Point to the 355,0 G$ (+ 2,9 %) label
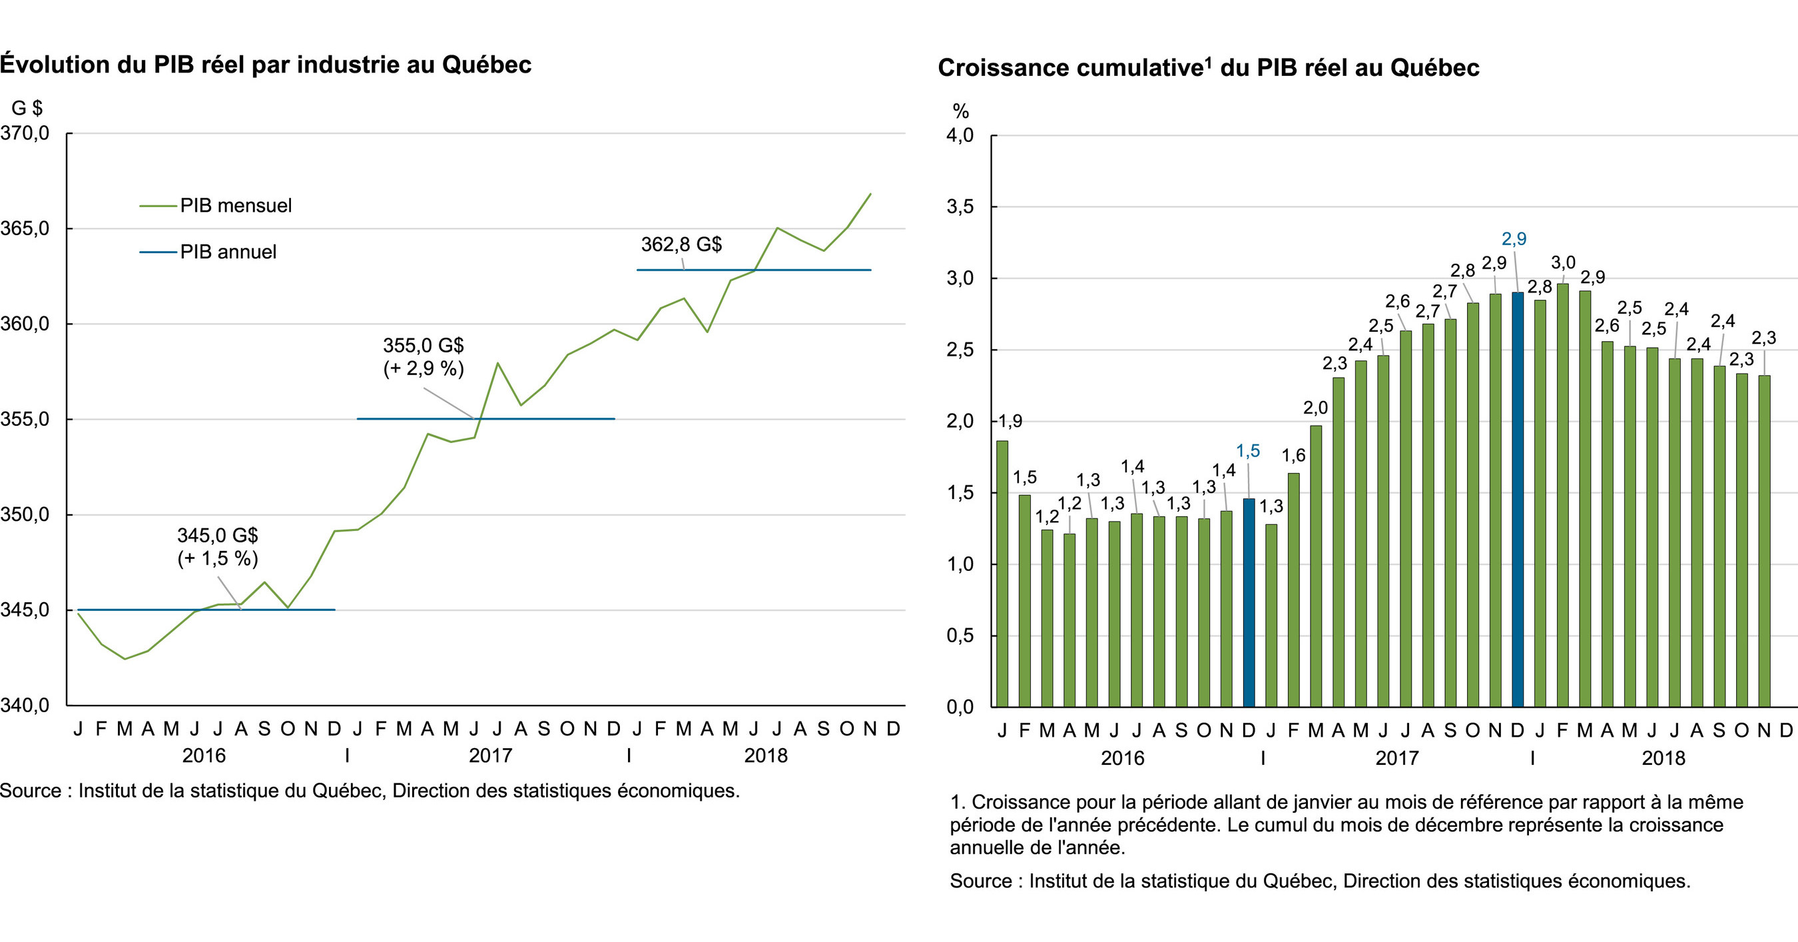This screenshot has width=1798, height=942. (x=423, y=356)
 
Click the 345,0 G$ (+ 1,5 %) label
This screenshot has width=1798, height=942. (x=217, y=546)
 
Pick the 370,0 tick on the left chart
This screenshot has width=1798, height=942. (x=25, y=133)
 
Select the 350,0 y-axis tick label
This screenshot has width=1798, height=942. (x=25, y=515)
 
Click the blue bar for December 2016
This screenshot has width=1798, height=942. (x=1249, y=602)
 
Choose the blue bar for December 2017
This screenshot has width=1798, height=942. (x=1518, y=499)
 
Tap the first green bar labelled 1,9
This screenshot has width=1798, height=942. (x=1002, y=573)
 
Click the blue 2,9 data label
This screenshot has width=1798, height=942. (x=1514, y=238)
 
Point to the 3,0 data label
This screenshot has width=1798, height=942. (x=1563, y=262)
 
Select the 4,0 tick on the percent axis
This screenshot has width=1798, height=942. (x=960, y=135)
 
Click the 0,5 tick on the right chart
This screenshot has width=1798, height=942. (x=960, y=636)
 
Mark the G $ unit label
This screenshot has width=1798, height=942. (x=27, y=107)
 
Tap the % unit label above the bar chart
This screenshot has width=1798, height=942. (x=960, y=111)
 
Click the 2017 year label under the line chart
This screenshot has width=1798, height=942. (x=490, y=755)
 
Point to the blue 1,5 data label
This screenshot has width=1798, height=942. (x=1248, y=451)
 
